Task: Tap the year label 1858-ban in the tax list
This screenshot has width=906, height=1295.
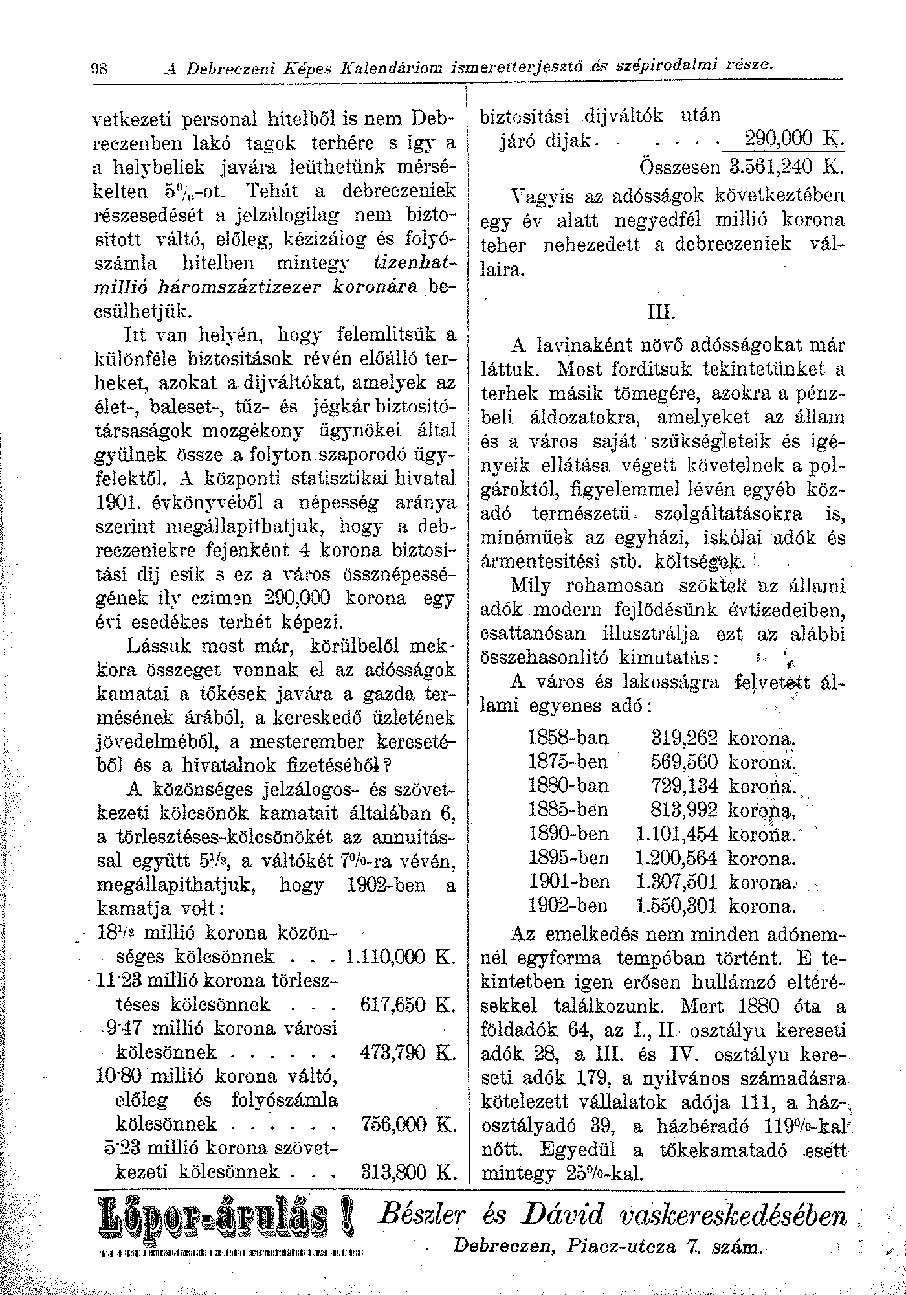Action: tap(568, 738)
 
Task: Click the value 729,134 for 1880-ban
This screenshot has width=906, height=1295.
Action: tap(685, 786)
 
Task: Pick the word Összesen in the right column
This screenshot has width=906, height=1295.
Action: tap(679, 166)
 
